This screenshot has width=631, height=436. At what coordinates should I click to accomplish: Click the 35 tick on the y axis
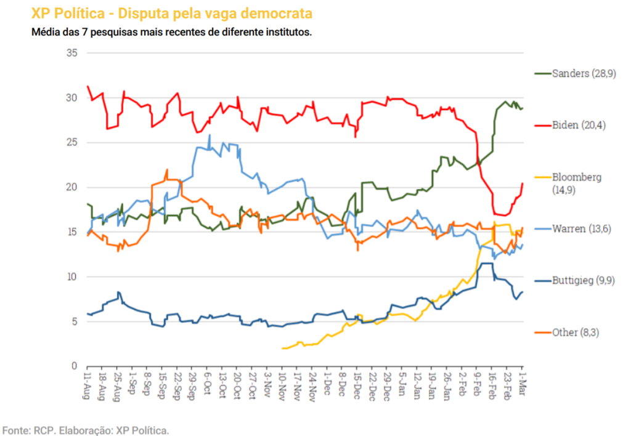pos(71,53)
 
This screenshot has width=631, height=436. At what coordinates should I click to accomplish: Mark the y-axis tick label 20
pos(71,187)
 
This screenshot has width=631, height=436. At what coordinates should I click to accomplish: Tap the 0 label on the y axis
pos(74,366)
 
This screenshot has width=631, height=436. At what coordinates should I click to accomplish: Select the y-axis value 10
pos(71,277)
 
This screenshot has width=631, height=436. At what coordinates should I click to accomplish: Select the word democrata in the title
pos(277,13)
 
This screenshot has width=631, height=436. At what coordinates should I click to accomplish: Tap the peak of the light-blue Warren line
pos(210,135)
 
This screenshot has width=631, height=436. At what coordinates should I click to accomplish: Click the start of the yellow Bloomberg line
pos(282,348)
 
